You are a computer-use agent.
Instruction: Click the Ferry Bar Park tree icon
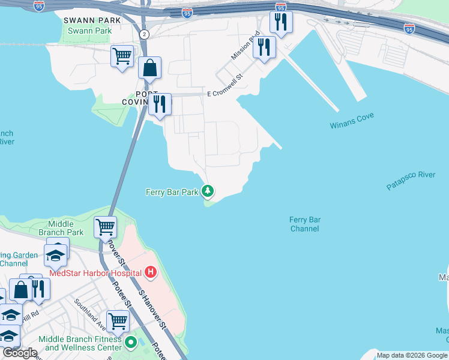[208, 191]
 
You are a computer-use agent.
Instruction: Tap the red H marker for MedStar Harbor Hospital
[151, 273]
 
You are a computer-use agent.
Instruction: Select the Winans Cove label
[351, 125]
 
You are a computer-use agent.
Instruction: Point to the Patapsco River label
[411, 181]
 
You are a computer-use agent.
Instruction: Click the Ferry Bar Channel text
[305, 224]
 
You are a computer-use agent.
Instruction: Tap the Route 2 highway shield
[144, 34]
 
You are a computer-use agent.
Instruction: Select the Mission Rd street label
[246, 46]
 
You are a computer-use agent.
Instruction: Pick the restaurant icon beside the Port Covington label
[160, 104]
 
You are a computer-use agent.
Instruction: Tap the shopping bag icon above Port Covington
[149, 68]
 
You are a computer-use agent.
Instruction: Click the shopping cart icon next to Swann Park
[122, 56]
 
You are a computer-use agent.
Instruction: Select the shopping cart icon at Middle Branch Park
[105, 227]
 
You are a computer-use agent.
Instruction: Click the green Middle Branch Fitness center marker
[130, 343]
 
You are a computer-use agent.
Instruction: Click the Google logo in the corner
[20, 353]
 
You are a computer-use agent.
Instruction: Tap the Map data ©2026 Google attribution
[412, 355]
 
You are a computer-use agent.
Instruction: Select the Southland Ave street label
[89, 313]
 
